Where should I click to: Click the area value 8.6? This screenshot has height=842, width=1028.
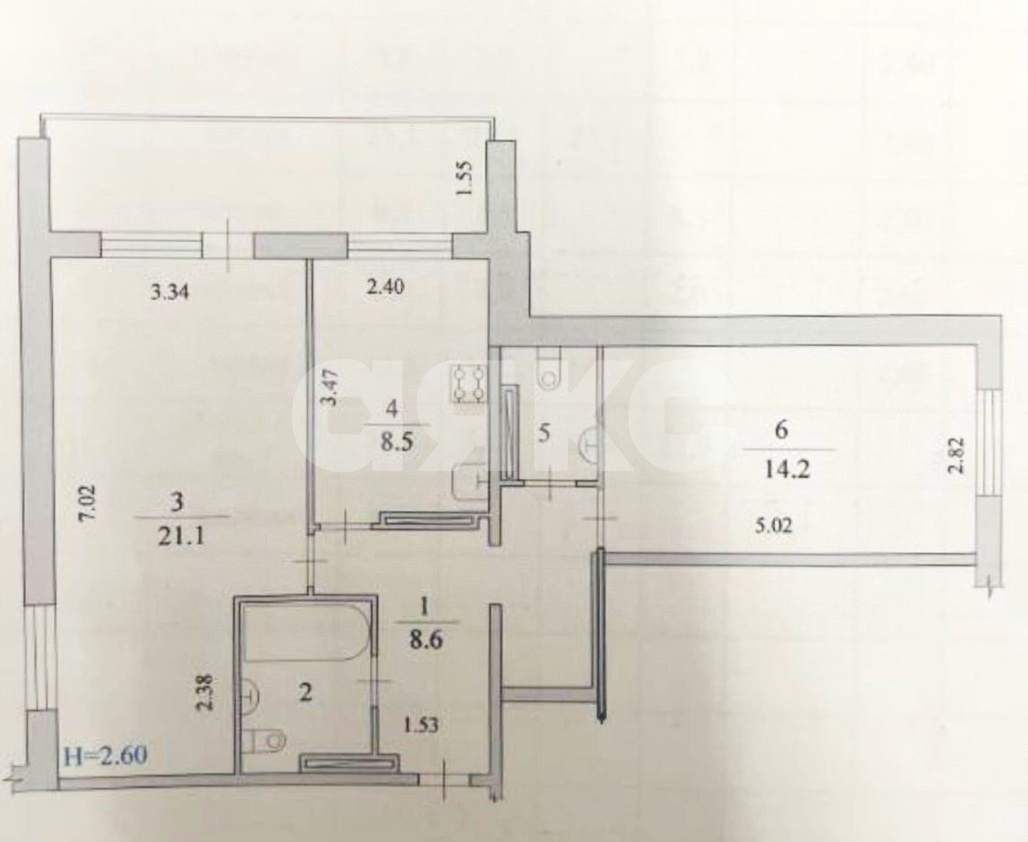426,641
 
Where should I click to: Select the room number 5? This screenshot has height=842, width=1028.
543,433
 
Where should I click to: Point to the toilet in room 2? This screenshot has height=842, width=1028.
264,739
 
